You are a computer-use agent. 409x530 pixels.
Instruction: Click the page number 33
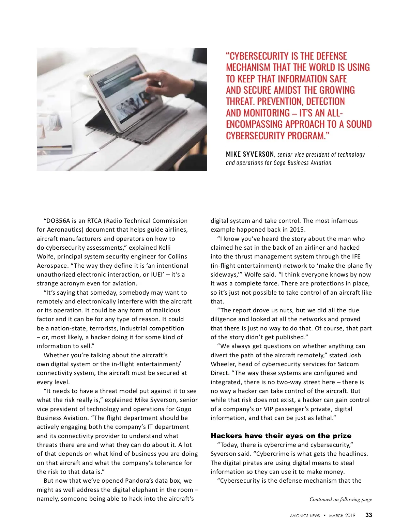(368, 515)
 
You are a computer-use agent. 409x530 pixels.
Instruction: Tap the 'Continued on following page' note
(340, 499)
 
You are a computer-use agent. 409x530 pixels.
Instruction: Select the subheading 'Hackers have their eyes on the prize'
(281, 436)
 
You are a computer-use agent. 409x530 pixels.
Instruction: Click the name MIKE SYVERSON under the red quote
(250, 154)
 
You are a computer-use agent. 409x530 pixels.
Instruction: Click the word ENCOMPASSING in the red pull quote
(254, 124)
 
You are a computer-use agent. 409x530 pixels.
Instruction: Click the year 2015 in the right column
(297, 230)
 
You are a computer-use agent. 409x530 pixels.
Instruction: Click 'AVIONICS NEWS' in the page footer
(305, 516)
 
